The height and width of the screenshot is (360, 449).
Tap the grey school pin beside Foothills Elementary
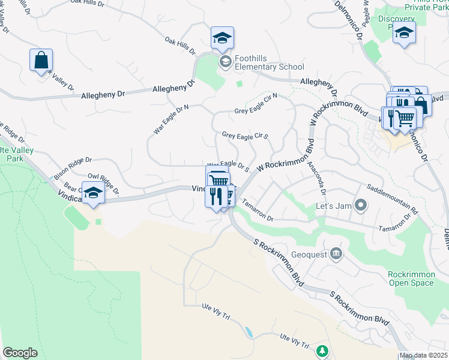point(225,61)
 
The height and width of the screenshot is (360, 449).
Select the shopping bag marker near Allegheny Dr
point(41,61)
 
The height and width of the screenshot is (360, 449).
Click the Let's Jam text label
point(332,206)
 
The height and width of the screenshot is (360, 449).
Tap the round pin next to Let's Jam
point(360,206)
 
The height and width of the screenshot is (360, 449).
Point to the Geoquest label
point(309,254)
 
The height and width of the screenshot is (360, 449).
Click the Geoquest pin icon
point(336,254)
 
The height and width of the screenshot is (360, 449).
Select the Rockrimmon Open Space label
point(411,278)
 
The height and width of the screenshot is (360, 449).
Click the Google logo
point(20,353)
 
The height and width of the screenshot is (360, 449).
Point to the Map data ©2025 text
point(423,355)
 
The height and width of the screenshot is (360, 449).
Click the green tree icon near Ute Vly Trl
point(322,350)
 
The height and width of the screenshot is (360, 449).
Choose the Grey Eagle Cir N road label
point(256,103)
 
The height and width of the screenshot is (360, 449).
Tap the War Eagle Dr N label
point(171,119)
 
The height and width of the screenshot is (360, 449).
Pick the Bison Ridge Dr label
point(72,168)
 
